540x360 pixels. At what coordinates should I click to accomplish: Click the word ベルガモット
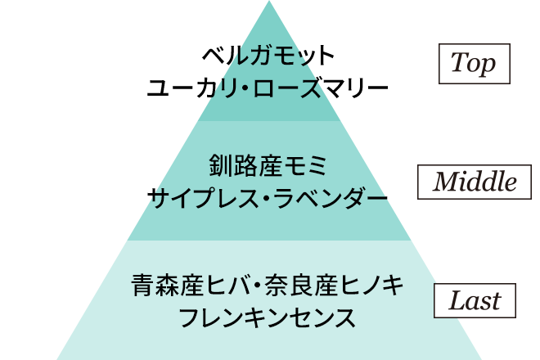(x=269, y=57)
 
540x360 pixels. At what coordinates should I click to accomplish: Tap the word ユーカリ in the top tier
(x=185, y=86)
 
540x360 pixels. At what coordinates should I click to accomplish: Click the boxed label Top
(x=474, y=64)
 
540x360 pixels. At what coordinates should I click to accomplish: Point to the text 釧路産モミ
(x=268, y=167)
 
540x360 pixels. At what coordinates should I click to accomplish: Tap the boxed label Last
(x=474, y=300)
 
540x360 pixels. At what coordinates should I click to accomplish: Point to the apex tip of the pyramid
(x=269, y=3)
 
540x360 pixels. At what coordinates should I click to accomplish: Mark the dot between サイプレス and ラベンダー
(x=260, y=197)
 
